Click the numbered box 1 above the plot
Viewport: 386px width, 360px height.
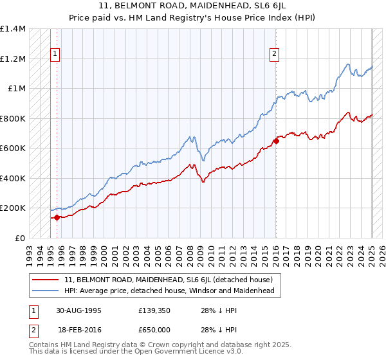point(56,54)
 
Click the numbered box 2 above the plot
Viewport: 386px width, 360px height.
point(275,54)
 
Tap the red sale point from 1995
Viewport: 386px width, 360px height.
point(57,217)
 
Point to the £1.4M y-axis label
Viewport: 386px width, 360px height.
point(13,29)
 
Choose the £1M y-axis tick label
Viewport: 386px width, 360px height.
point(17,89)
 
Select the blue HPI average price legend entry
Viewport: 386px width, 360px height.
point(169,291)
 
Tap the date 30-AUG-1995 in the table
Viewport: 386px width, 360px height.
point(80,310)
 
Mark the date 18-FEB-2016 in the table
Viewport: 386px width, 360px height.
point(80,329)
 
